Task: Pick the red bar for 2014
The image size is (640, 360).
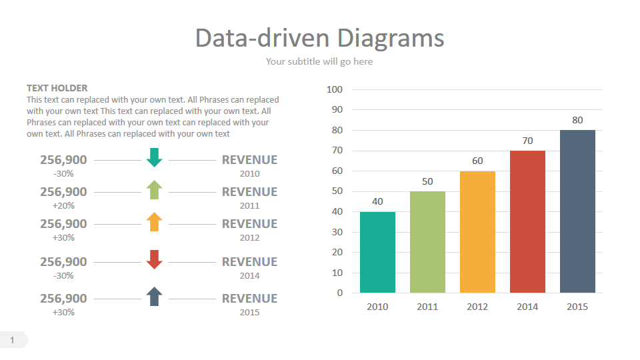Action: coord(527,221)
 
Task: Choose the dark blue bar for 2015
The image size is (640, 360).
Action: coord(577,211)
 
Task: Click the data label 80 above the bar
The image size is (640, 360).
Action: coord(577,121)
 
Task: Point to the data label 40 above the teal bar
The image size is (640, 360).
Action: coord(377,202)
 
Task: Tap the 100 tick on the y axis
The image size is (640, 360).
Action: coord(335,89)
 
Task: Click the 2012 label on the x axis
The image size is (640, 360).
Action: coord(477,307)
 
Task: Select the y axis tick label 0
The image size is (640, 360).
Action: coord(340,293)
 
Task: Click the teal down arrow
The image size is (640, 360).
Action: coord(155,157)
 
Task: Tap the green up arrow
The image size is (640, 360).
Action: coord(154,189)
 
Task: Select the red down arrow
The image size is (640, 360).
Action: coord(154,259)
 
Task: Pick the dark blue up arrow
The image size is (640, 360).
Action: coord(154,296)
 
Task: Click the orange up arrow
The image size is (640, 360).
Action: coord(154,221)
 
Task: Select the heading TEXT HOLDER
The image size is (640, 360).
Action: coord(57,88)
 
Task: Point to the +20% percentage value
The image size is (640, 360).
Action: coord(64,205)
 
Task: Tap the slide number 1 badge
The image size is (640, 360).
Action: coord(13,340)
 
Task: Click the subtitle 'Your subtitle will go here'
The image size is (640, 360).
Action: coord(319,61)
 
